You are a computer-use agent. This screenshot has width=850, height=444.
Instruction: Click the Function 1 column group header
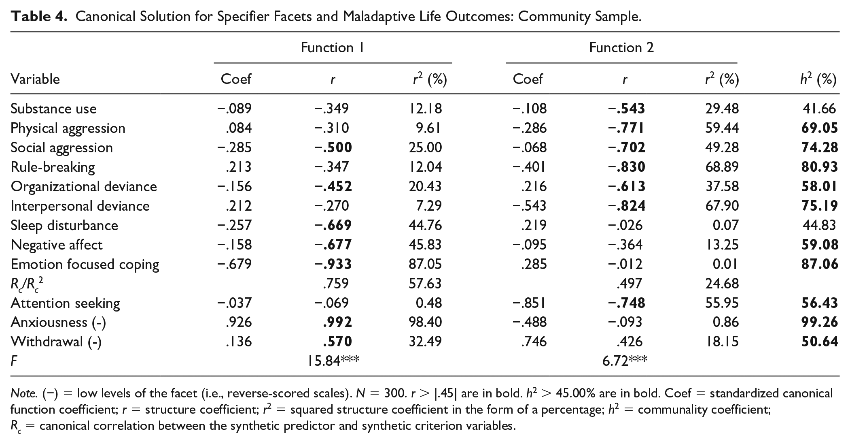(x=332, y=48)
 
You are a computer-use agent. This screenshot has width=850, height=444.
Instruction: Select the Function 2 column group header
(x=621, y=48)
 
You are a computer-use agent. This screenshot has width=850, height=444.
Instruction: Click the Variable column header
(x=35, y=79)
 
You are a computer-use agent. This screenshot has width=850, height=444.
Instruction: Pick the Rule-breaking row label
(x=53, y=167)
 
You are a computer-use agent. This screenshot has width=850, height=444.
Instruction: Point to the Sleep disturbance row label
(x=64, y=225)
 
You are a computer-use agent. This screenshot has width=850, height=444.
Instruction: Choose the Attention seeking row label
(x=65, y=303)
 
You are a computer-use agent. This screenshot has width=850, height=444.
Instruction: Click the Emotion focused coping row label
(x=85, y=264)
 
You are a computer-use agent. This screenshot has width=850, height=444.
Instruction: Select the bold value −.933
(x=333, y=264)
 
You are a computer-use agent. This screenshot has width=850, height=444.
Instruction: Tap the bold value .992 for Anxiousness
(x=337, y=322)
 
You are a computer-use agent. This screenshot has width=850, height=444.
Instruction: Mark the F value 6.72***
(x=625, y=360)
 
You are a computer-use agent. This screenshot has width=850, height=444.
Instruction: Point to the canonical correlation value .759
(x=336, y=284)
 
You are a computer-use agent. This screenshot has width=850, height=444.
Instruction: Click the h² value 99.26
(x=820, y=322)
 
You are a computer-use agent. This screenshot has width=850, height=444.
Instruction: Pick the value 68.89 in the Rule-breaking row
(x=722, y=167)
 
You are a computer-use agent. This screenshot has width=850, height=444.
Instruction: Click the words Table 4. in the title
(x=39, y=17)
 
